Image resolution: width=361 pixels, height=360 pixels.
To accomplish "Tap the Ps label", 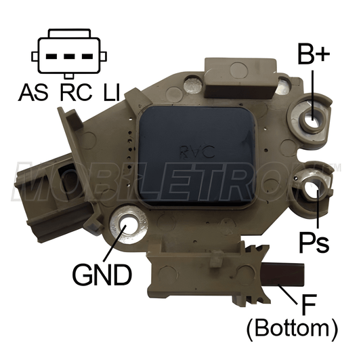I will (x=316, y=240).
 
